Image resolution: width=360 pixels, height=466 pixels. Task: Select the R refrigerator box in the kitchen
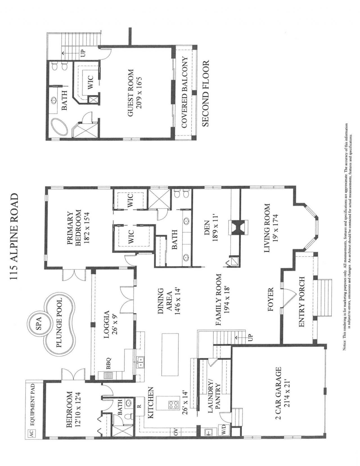[139, 406]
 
